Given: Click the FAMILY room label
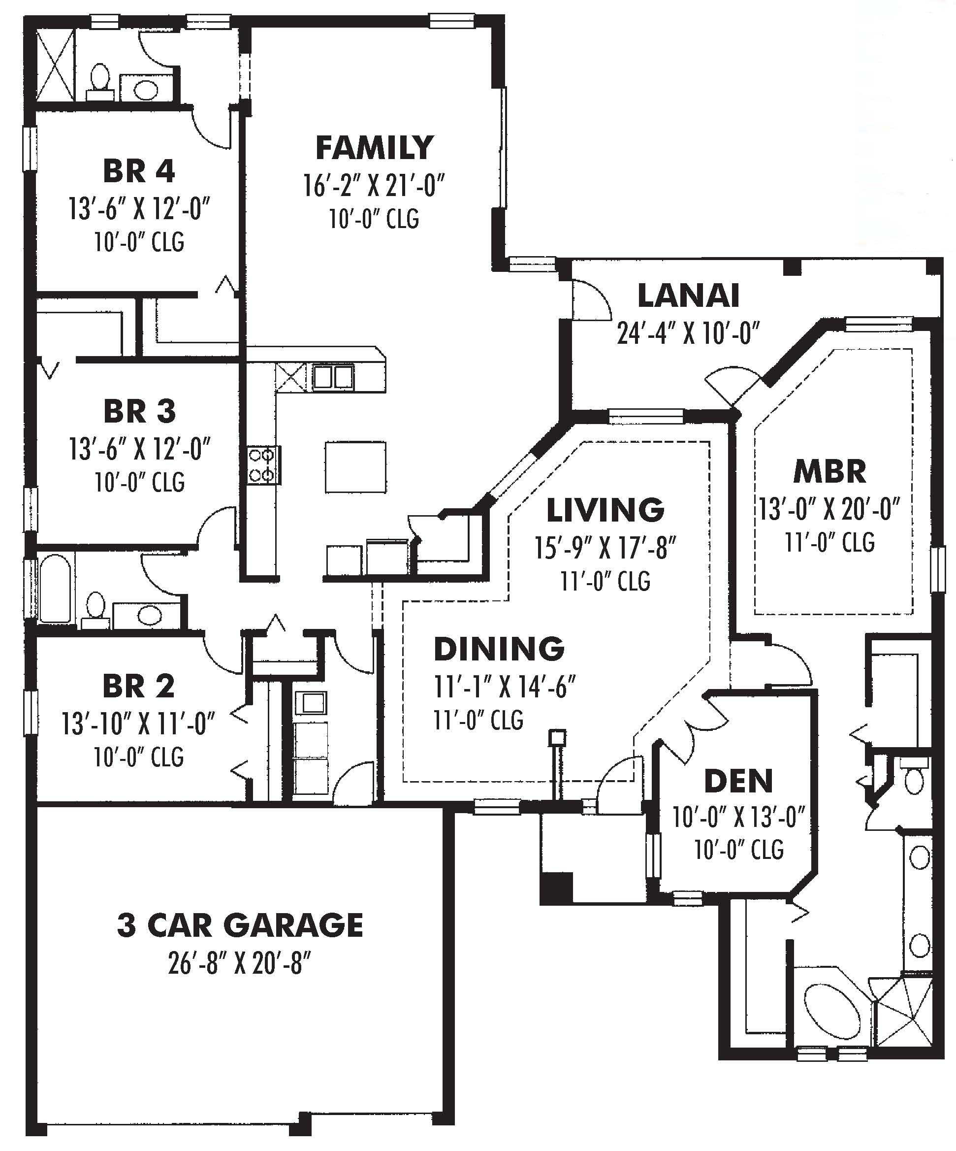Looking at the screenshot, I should pos(375,148).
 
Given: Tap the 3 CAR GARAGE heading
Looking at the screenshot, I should pos(240,925).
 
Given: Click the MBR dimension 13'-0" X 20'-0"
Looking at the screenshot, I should pos(829,509).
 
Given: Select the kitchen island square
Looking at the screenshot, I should pos(355,467).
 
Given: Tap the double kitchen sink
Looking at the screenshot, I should pos(333,377).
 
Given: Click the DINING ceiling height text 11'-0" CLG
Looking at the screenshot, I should pos(478,720).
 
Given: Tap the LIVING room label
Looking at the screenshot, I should pos(605,509).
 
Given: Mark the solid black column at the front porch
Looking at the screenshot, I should pos(555,888).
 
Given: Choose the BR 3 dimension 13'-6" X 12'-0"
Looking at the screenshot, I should pos(140,450).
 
